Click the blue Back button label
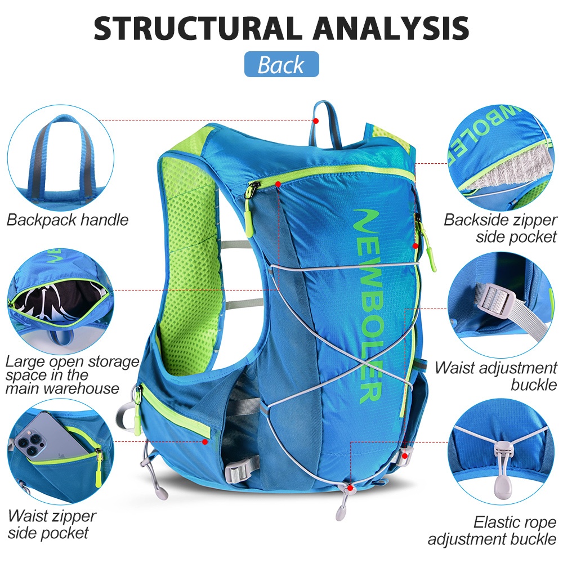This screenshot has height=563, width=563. click(281, 64)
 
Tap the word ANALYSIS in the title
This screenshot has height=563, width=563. click(391, 28)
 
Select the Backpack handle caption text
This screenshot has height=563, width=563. click(68, 220)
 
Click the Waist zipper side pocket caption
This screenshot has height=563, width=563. click(51, 525)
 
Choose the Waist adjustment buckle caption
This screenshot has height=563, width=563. click(496, 376)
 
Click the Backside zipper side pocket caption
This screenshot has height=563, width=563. click(500, 228)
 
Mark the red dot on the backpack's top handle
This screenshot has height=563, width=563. click(316, 120)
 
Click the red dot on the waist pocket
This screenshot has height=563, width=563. click(205, 441)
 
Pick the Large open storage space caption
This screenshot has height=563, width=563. click(72, 375)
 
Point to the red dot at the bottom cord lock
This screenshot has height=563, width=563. click(350, 488)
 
